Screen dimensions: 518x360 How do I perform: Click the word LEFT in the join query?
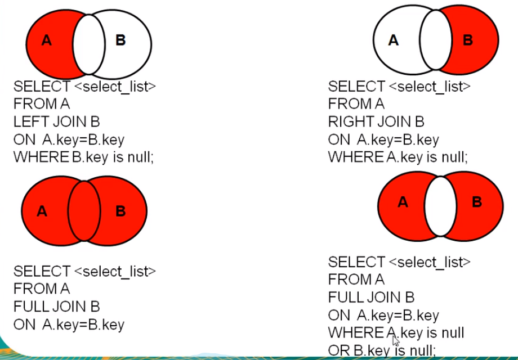tap(29, 122)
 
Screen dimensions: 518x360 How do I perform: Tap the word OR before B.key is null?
tap(339, 350)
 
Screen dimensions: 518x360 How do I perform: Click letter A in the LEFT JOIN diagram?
tap(47, 40)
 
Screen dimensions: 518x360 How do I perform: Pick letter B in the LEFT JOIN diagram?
tap(120, 40)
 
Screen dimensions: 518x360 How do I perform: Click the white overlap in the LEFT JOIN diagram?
tap(89, 45)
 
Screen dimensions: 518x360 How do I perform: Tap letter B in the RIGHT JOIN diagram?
tap(468, 40)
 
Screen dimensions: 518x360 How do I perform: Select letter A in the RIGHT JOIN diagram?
tap(394, 40)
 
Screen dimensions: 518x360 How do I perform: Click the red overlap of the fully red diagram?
tap(84, 211)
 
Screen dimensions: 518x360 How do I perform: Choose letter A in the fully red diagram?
tap(42, 211)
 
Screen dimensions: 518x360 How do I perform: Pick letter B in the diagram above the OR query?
tap(476, 202)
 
